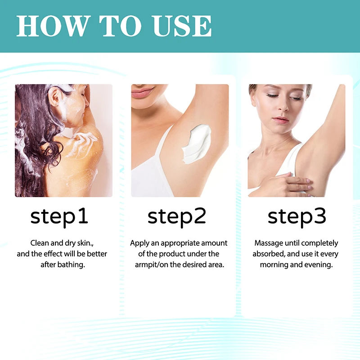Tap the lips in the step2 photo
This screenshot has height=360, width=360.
click(143, 93)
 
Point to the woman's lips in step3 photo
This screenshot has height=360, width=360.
click(280, 120)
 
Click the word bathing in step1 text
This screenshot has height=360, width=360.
click(71, 265)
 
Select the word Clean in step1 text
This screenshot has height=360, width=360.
click(40, 243)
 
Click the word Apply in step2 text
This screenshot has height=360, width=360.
click(139, 243)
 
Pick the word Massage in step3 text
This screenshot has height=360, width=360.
click(268, 243)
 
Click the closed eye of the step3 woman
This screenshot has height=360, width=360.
click(273, 95)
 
